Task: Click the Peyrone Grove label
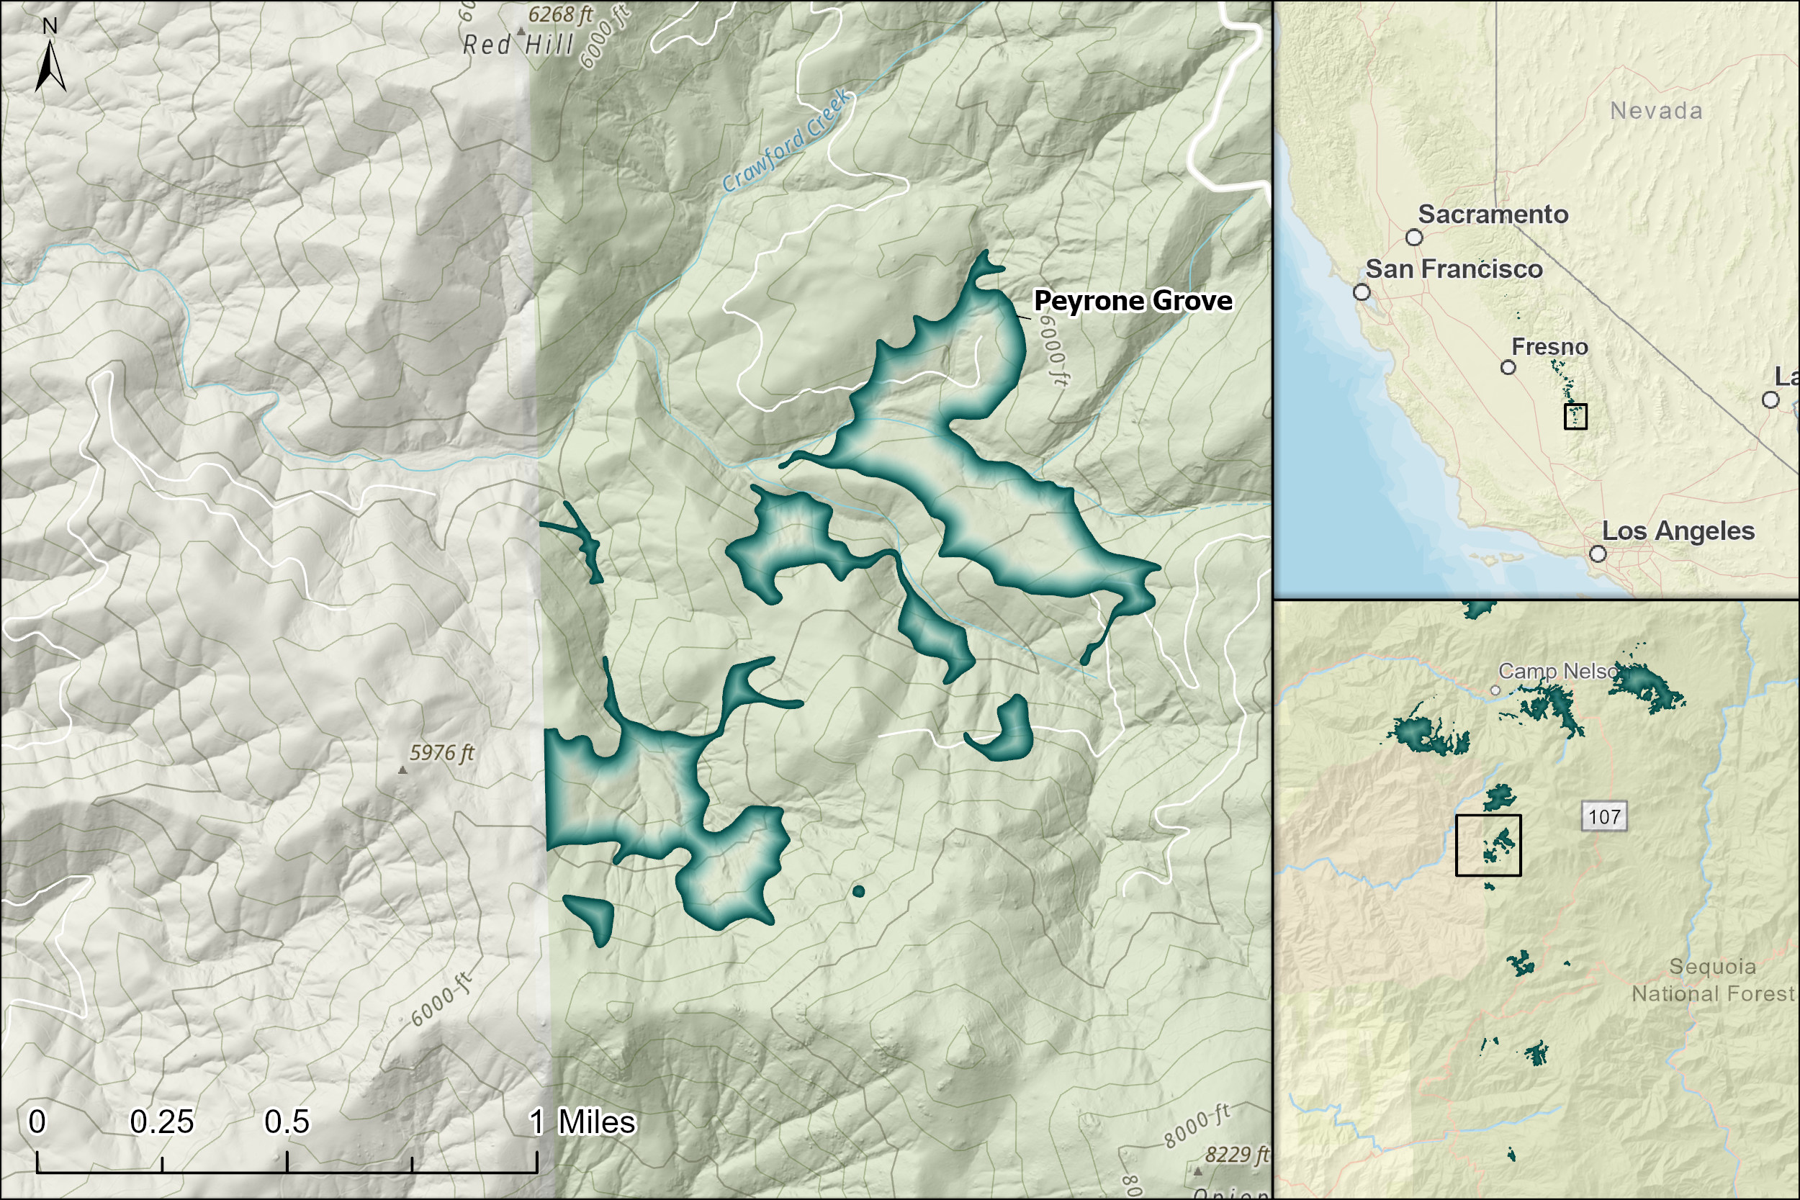tap(1133, 301)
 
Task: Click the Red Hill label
tap(518, 45)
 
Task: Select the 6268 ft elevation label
tap(560, 15)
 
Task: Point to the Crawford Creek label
tap(786, 142)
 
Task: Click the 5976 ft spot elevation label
tap(441, 753)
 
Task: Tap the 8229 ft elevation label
tap(1237, 1154)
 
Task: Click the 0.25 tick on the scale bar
tap(161, 1164)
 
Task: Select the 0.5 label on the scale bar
tap(287, 1122)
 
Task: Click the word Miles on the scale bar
tap(596, 1122)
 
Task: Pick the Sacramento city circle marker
tap(1414, 238)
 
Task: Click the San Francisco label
tap(1453, 269)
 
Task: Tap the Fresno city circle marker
tap(1508, 367)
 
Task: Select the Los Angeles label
tap(1678, 531)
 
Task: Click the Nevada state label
tap(1656, 111)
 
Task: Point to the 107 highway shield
tap(1604, 816)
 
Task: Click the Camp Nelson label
tap(1557, 671)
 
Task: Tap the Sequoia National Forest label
tap(1712, 980)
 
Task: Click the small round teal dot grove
tap(858, 890)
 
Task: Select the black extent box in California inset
tap(1575, 415)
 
